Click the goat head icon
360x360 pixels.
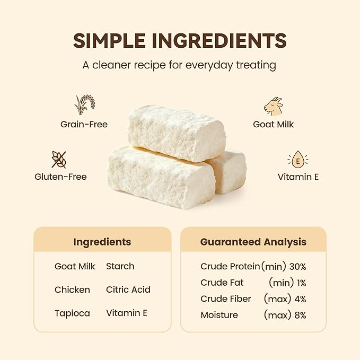click(x=274, y=106)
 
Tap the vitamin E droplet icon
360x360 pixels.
click(x=298, y=160)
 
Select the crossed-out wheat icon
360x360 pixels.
click(x=59, y=160)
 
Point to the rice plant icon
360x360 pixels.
click(x=84, y=104)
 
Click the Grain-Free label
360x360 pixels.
click(x=84, y=125)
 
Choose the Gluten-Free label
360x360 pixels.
click(x=60, y=177)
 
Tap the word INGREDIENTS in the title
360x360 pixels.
click(x=219, y=41)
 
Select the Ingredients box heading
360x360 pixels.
click(x=102, y=242)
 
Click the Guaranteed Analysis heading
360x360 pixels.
click(x=253, y=242)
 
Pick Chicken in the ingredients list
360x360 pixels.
click(x=72, y=289)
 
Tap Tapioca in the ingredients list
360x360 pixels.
click(x=72, y=313)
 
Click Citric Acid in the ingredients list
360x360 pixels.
click(x=128, y=289)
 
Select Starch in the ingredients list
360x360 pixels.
click(x=120, y=266)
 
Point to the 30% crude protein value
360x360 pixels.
click(x=298, y=267)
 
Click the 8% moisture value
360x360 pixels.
click(x=300, y=315)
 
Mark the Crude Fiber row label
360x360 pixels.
click(x=226, y=299)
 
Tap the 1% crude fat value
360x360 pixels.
click(x=302, y=283)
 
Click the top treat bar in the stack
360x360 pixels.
click(x=177, y=133)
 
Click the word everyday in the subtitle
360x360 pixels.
click(x=209, y=65)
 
